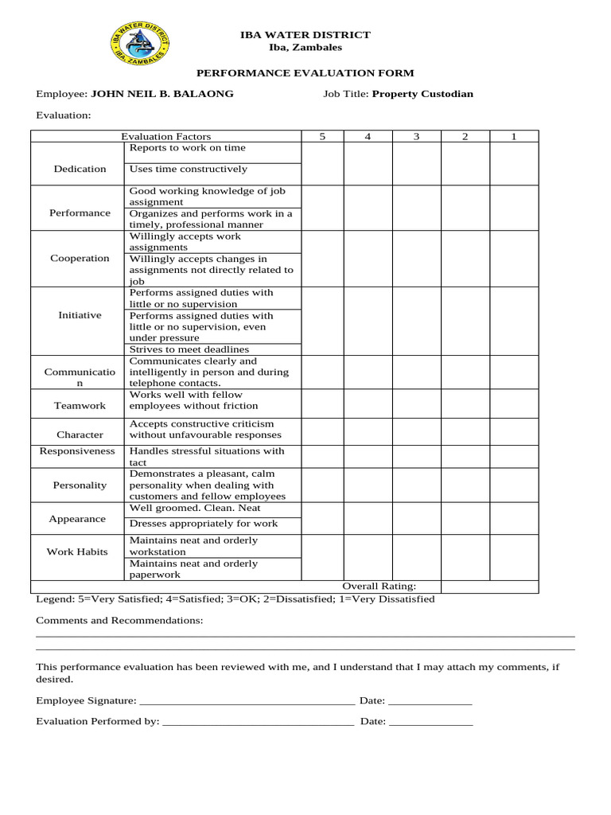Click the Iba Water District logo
coord(139,44)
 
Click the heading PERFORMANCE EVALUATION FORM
coord(305,73)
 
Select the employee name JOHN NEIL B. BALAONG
coord(162,94)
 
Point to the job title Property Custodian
coord(422,94)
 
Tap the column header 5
coord(323,137)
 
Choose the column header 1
coord(514,137)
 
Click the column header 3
coord(416,137)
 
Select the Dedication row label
coord(80,169)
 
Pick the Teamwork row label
coord(80,406)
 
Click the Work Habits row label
coord(77,552)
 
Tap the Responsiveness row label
coord(78,451)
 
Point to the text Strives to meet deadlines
coord(189,349)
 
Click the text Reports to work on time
coord(188,148)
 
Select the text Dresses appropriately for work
coord(204,524)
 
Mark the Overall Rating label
coord(379,587)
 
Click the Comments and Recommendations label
coord(119,620)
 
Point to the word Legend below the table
coord(53,599)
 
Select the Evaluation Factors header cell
coord(165,137)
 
